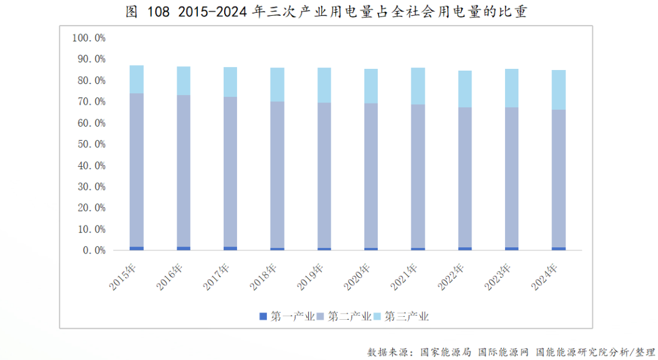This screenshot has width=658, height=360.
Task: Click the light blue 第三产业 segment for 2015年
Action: [x=136, y=79]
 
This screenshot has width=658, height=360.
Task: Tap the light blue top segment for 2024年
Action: [x=559, y=90]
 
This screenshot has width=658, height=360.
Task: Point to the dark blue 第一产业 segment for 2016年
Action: [x=183, y=249]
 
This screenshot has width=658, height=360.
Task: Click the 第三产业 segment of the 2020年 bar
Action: [x=371, y=86]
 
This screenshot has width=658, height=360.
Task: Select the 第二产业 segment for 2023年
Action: [x=512, y=177]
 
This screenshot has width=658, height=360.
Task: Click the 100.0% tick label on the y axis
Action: [x=89, y=38]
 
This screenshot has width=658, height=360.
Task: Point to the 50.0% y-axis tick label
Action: [x=91, y=144]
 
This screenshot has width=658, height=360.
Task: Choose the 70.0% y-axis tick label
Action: [x=91, y=102]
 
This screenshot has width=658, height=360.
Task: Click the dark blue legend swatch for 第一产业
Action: [x=263, y=316]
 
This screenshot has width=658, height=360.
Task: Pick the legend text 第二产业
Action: [x=350, y=316]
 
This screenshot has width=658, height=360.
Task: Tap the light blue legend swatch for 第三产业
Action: [x=377, y=316]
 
